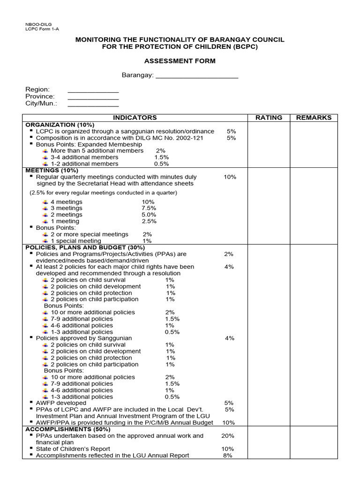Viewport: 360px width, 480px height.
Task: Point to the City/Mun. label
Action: tap(41, 103)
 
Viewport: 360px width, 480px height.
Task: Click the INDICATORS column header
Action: tap(135, 118)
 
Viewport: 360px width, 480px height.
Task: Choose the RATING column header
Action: tap(269, 118)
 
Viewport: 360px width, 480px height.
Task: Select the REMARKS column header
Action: tap(314, 118)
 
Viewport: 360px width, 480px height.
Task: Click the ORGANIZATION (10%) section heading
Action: tap(60, 125)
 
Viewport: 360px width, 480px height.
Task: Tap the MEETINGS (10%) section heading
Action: tap(52, 170)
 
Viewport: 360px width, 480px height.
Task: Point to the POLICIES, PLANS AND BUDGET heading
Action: tap(85, 247)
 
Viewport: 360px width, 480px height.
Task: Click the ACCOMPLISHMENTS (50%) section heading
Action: tap(68, 429)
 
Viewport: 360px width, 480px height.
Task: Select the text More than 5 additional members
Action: tap(97, 151)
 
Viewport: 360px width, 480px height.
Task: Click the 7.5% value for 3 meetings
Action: tap(149, 208)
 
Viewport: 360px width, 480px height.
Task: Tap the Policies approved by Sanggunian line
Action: tap(84, 338)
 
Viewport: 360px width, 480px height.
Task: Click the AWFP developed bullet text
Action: tap(61, 403)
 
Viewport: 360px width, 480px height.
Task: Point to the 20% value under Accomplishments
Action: tap(228, 435)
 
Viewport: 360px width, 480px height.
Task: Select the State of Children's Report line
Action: tap(74, 449)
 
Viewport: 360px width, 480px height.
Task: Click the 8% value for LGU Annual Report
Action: tap(228, 455)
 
